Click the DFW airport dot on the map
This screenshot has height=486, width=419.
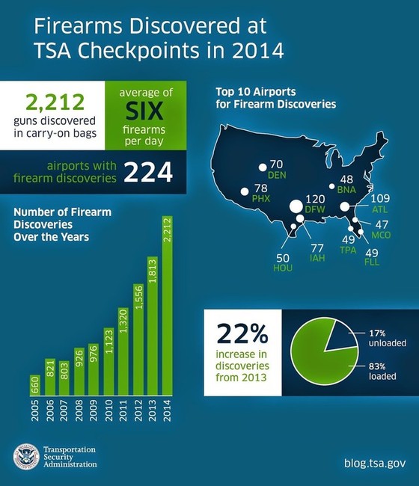296,206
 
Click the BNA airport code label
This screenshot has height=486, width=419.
346,190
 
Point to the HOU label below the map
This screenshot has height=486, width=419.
284,267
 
